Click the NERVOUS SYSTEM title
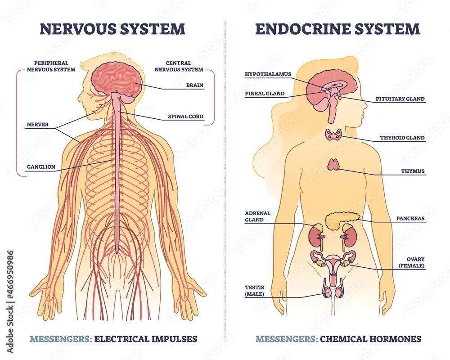pyautogui.click(x=112, y=29)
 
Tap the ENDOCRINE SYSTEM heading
pyautogui.click(x=337, y=29)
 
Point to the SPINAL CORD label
pyautogui.click(x=185, y=117)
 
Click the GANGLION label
pyautogui.click(x=41, y=167)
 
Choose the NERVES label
pyautogui.click(x=37, y=125)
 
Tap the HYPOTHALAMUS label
pyautogui.click(x=268, y=74)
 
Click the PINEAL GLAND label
pyautogui.click(x=265, y=94)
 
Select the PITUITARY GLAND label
pyautogui.click(x=400, y=99)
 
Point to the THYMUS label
pyautogui.click(x=413, y=171)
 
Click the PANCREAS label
pyautogui.click(x=410, y=219)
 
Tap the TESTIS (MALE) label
pyautogui.click(x=255, y=291)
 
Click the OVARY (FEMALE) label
pyautogui.click(x=412, y=263)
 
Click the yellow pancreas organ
pyautogui.click(x=342, y=220)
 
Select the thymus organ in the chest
pyautogui.click(x=333, y=165)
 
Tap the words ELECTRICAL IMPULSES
pyautogui.click(x=146, y=339)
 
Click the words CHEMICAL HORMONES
pyautogui.click(x=370, y=339)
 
